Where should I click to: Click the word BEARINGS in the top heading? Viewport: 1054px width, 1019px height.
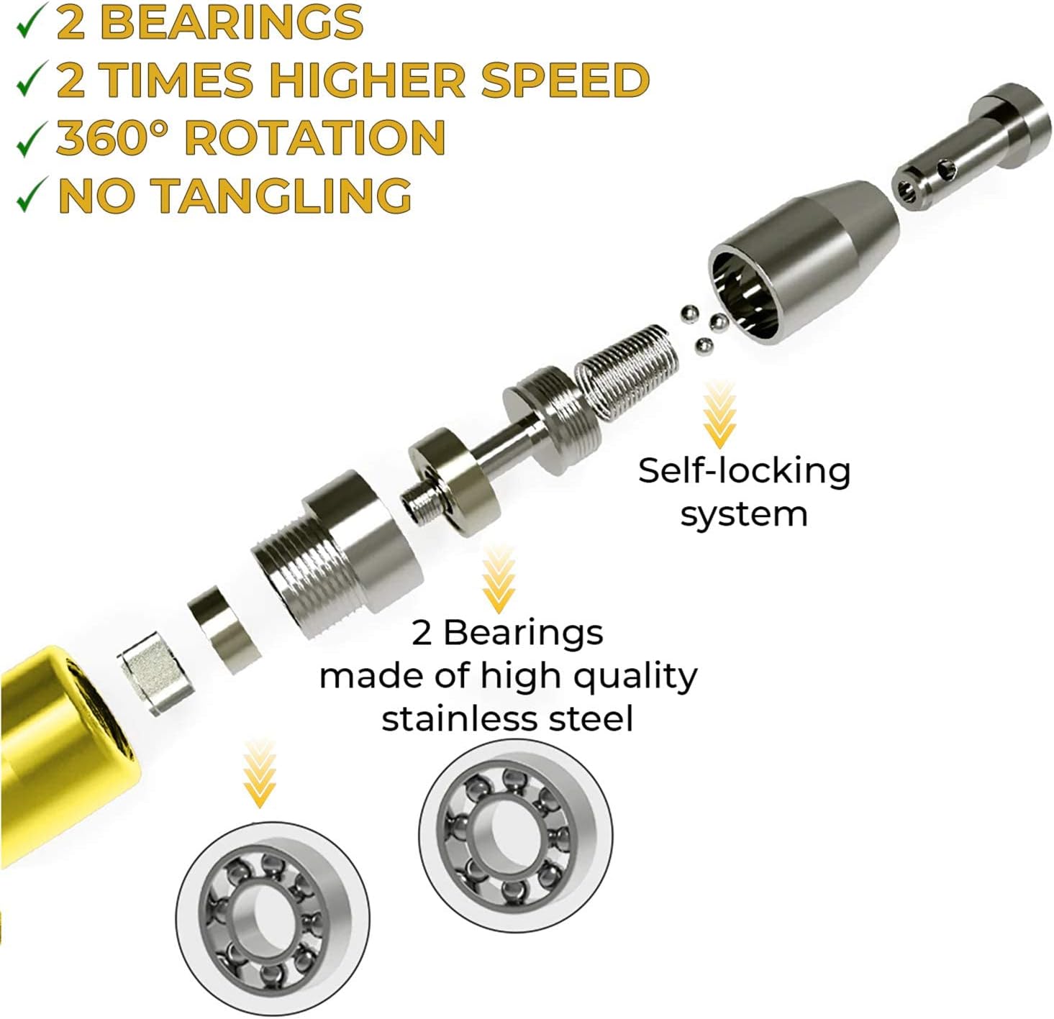click(231, 23)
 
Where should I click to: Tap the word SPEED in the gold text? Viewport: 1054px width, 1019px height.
click(565, 80)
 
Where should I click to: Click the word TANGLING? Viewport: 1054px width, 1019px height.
click(281, 196)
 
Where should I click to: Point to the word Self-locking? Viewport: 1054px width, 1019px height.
click(744, 471)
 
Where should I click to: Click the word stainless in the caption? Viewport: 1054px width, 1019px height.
click(460, 718)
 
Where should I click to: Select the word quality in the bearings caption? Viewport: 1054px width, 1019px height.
click(635, 677)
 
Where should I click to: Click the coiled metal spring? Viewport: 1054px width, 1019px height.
click(626, 372)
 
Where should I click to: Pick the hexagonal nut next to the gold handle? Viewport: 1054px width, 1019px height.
click(155, 674)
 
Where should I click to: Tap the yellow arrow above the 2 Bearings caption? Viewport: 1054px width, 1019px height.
click(499, 580)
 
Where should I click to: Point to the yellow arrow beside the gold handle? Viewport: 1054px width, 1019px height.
click(260, 774)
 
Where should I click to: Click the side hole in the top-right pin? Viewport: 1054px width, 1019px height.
click(947, 170)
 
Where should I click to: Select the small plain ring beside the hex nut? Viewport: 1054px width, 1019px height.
click(224, 629)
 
